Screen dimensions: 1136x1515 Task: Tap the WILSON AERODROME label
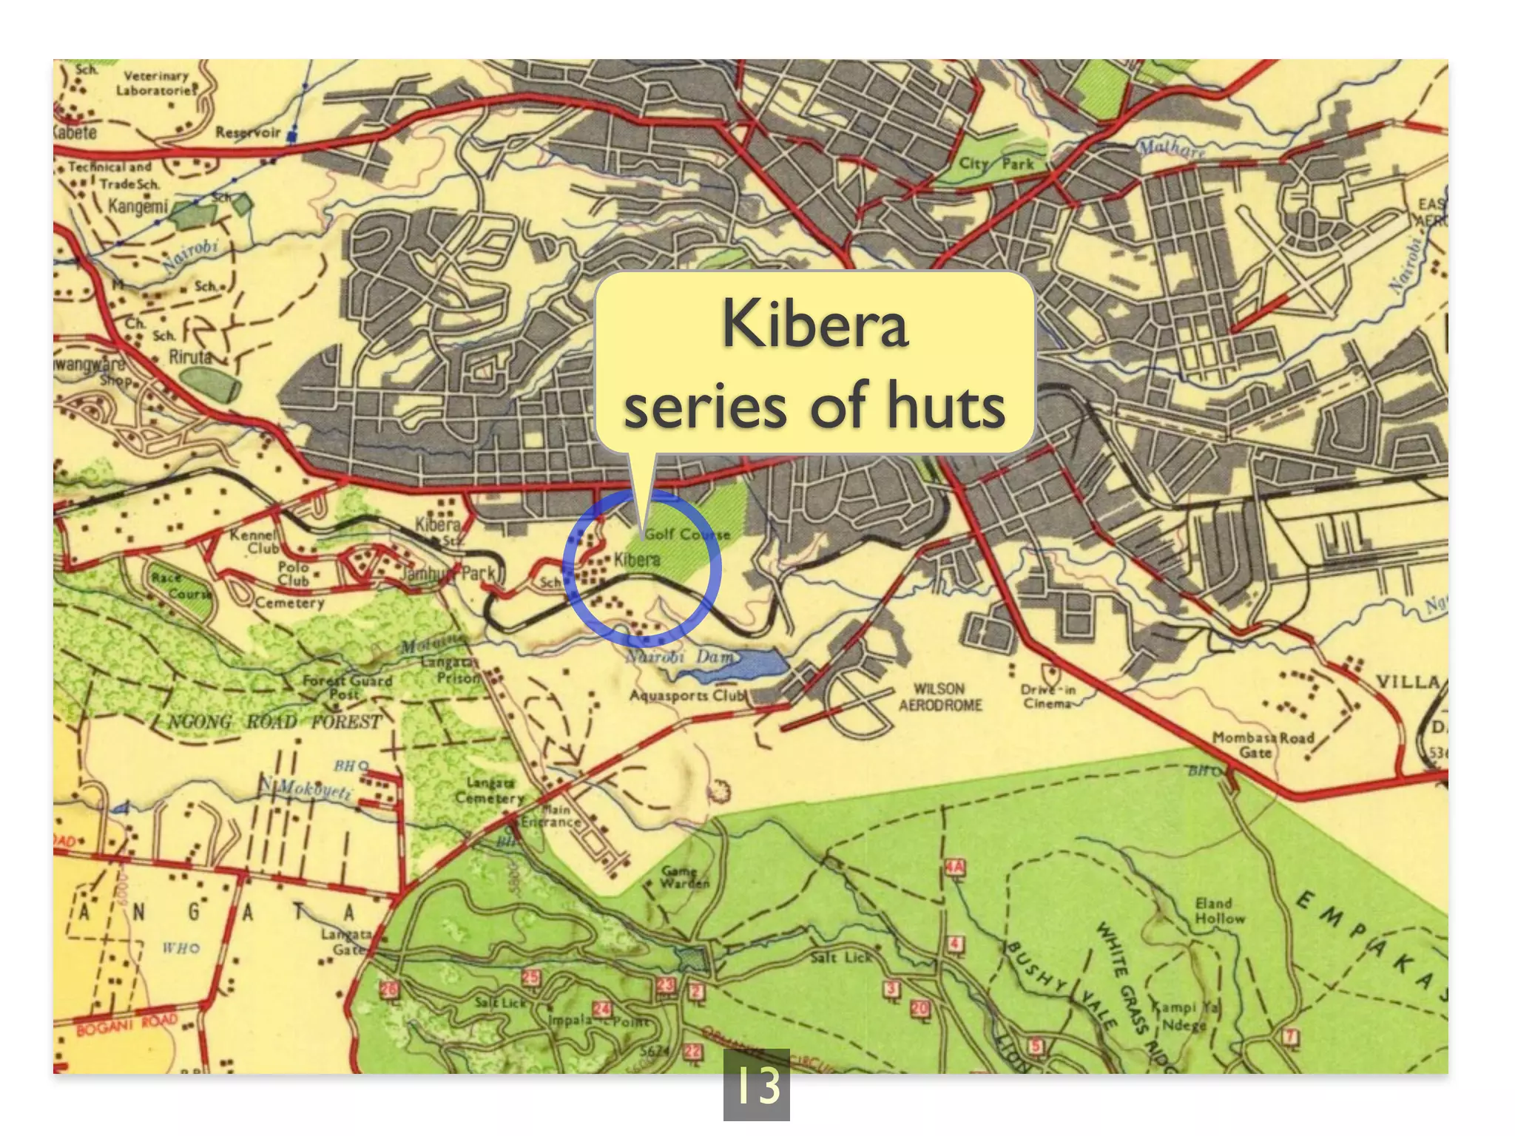[x=939, y=697]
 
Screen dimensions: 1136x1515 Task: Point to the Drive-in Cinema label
[x=1048, y=697]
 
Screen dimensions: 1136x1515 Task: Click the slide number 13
[x=756, y=1085]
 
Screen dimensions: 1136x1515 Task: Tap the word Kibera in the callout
[x=814, y=323]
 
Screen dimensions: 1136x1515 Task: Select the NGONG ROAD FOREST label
[x=274, y=721]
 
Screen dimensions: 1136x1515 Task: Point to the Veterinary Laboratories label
[x=156, y=83]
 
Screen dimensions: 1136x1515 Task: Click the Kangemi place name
[x=138, y=206]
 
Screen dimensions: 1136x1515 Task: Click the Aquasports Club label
[x=687, y=695]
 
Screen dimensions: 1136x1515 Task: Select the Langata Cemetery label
[x=490, y=790]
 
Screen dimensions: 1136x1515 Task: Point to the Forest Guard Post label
[x=347, y=687]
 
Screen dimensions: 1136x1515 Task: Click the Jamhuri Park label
[x=448, y=573]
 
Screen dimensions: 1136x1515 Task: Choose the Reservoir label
[x=248, y=132]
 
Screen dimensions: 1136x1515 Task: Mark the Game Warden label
[x=684, y=877]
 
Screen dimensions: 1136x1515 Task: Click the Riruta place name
[x=190, y=356]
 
